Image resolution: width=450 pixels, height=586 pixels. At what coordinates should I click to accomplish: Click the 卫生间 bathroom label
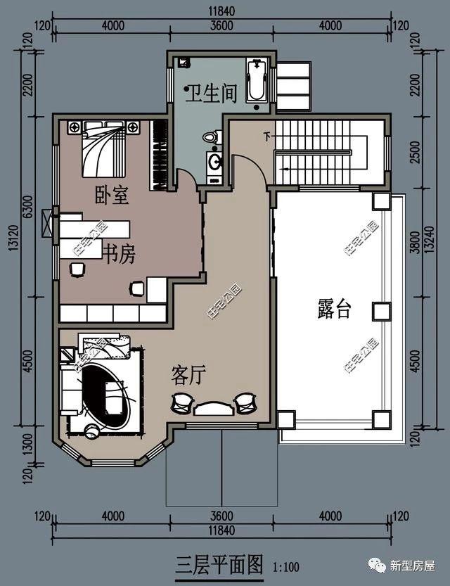pyautogui.click(x=210, y=94)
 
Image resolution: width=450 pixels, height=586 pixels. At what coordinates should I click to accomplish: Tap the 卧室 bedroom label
pyautogui.click(x=112, y=195)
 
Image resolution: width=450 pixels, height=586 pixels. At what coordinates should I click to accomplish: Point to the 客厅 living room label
pyautogui.click(x=188, y=376)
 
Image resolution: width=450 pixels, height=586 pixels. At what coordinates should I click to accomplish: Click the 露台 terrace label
pyautogui.click(x=334, y=309)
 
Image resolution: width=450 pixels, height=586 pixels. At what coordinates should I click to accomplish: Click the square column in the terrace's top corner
pyautogui.click(x=381, y=202)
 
